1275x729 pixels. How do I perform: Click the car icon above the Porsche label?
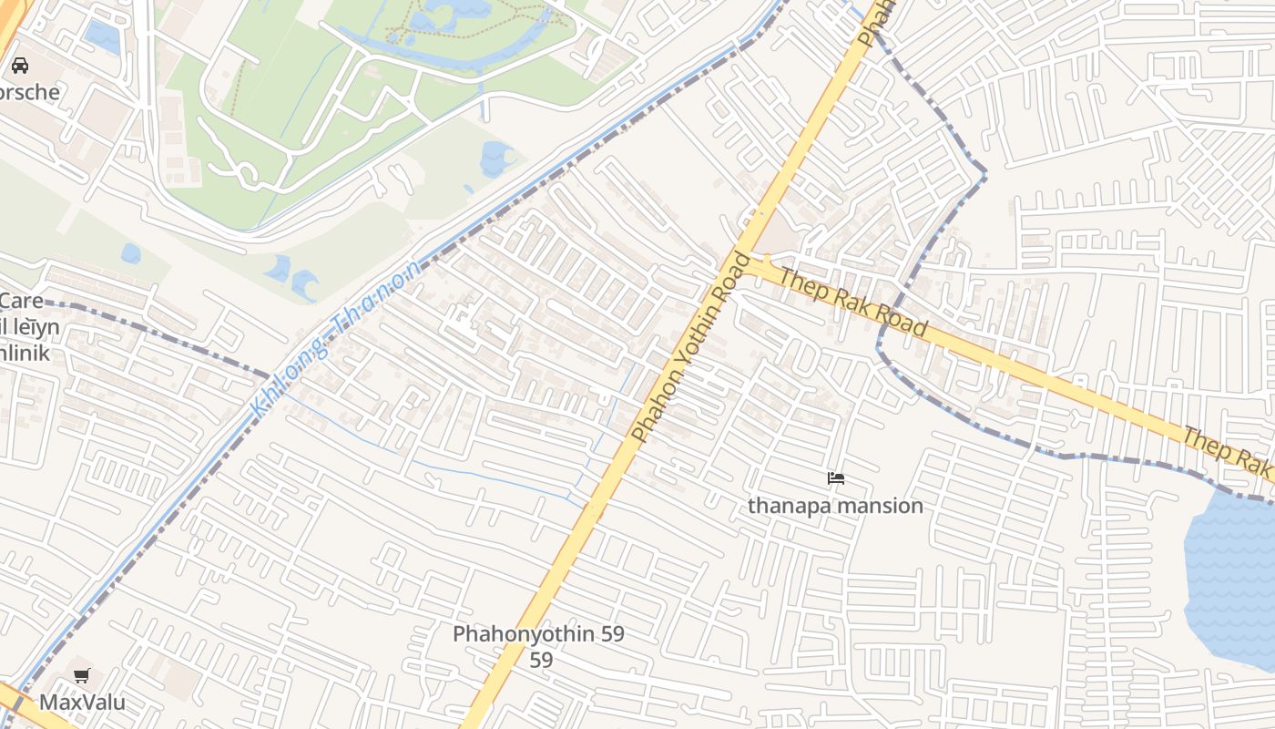pyautogui.click(x=19, y=66)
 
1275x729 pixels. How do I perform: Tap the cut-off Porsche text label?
pyautogui.click(x=29, y=92)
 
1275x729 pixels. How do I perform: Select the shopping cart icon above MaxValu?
pyautogui.click(x=82, y=675)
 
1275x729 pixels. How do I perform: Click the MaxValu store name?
pyautogui.click(x=82, y=703)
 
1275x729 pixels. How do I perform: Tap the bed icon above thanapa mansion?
pyautogui.click(x=835, y=478)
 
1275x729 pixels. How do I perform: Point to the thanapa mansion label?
pyautogui.click(x=835, y=506)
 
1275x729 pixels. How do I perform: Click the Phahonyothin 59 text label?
pyautogui.click(x=538, y=634)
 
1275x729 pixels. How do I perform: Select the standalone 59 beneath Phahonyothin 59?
pyautogui.click(x=541, y=660)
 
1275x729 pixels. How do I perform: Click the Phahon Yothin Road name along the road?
pyautogui.click(x=694, y=347)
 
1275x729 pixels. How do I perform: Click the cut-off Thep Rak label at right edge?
pyautogui.click(x=1229, y=451)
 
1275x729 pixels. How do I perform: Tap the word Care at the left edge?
pyautogui.click(x=22, y=301)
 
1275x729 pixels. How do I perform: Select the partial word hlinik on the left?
pyautogui.click(x=25, y=354)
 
